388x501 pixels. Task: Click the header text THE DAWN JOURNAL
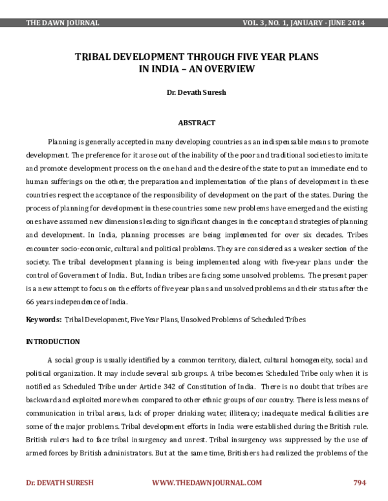(62, 23)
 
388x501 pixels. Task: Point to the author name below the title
(196, 93)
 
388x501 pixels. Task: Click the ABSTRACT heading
(196, 123)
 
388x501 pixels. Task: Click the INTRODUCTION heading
(52, 341)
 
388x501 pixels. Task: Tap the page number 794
(360, 482)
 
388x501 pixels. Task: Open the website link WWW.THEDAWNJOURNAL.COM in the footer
(207, 482)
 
